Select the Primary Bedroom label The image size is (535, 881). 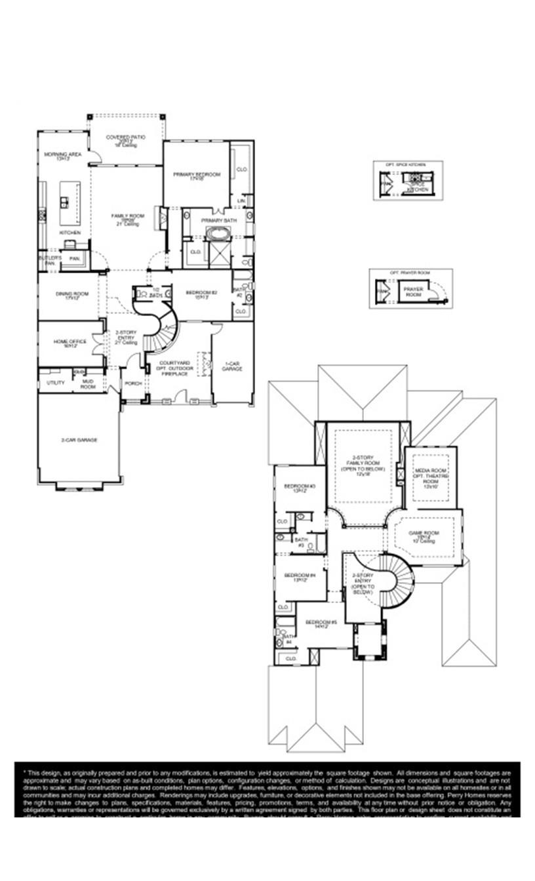[197, 176]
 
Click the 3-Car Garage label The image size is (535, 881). [79, 440]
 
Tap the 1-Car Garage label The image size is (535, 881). [232, 366]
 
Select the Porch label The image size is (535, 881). [134, 383]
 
